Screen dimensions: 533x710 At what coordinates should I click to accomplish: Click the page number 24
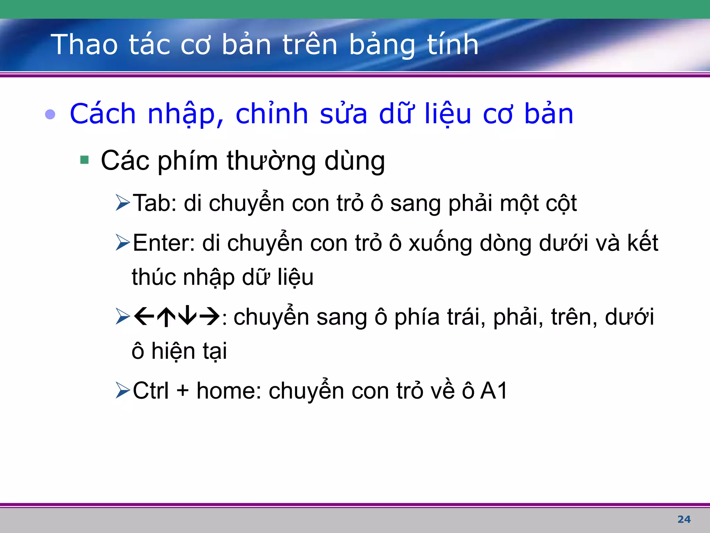[684, 519]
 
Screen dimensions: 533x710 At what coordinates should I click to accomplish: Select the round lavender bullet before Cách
[50, 114]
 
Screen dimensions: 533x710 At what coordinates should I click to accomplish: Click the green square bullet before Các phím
[84, 160]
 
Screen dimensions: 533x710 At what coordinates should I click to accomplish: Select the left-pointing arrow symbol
[144, 316]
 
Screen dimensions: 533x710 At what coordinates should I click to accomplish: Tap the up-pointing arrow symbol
[166, 316]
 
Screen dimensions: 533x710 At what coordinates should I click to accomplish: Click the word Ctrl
[150, 391]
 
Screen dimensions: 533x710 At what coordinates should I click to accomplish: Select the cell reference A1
[494, 391]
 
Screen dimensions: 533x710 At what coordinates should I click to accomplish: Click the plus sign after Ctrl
[183, 391]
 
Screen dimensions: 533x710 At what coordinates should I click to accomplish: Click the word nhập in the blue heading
[185, 115]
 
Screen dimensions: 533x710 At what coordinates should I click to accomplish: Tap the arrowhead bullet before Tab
[123, 203]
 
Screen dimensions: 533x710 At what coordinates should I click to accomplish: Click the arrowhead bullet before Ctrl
[123, 391]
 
